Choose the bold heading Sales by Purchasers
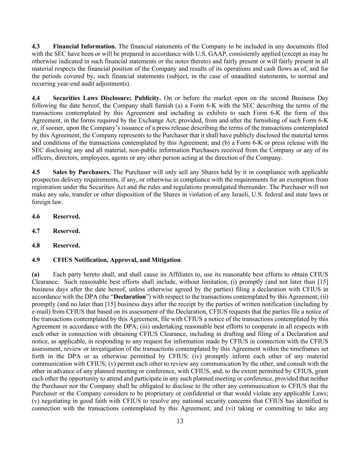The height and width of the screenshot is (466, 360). pyautogui.click(x=82, y=172)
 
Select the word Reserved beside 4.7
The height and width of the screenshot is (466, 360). pyautogui.click(x=67, y=231)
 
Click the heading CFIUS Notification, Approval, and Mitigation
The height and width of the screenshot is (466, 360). pyautogui.click(x=117, y=260)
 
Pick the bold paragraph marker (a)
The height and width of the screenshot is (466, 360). pyautogui.click(x=35, y=274)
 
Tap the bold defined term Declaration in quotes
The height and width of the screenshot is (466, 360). pyautogui.click(x=130, y=297)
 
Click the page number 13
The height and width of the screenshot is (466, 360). pyautogui.click(x=180, y=421)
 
